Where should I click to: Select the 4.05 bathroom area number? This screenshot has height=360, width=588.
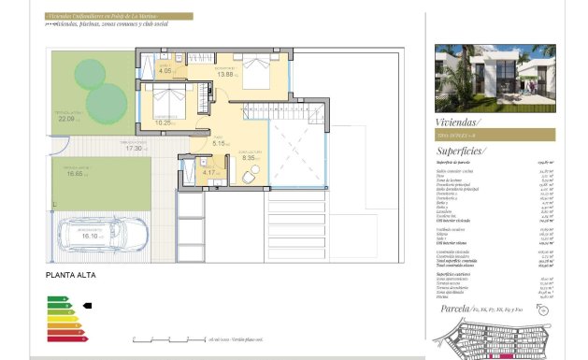166,71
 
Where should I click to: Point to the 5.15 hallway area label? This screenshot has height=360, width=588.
221,143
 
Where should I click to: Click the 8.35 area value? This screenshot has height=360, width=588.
249,158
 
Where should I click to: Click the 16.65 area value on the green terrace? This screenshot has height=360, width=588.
75,173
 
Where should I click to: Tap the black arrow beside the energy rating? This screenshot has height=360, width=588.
89,305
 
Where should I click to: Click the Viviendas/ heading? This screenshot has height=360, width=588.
458,122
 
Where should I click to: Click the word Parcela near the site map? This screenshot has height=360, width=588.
453,306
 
